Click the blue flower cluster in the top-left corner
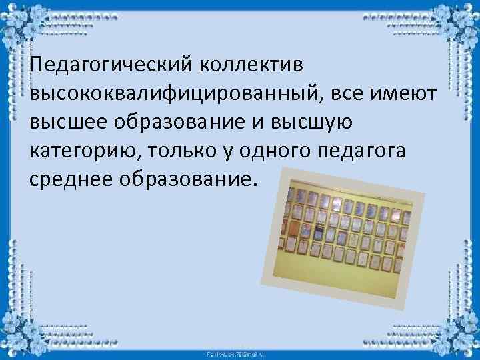20,20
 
